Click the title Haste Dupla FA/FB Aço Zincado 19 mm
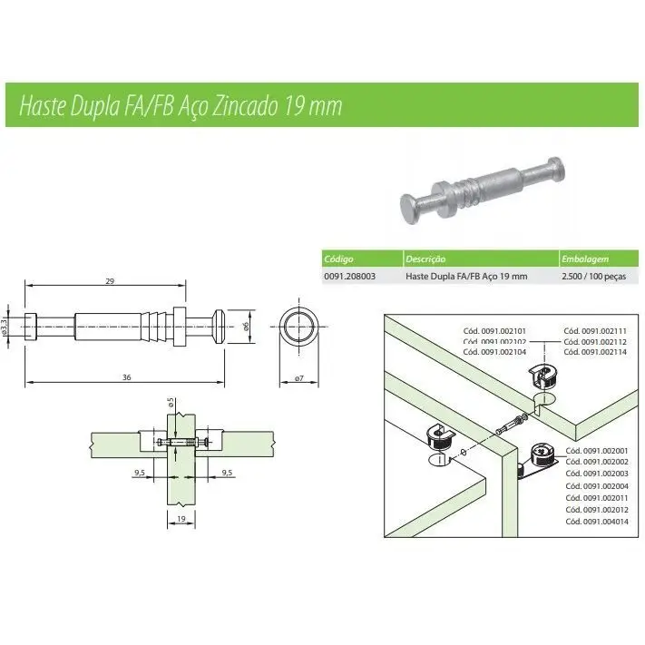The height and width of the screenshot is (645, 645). pyautogui.click(x=181, y=105)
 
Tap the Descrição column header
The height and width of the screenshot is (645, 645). pyautogui.click(x=425, y=259)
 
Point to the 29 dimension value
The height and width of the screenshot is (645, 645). pyautogui.click(x=110, y=283)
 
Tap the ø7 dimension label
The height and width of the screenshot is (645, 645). pyautogui.click(x=300, y=377)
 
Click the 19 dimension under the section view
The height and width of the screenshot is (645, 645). pyautogui.click(x=181, y=520)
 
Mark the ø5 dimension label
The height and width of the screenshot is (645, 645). pyautogui.click(x=171, y=402)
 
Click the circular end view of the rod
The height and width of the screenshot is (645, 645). pyautogui.click(x=299, y=325)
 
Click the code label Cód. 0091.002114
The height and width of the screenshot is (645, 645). pyautogui.click(x=595, y=352)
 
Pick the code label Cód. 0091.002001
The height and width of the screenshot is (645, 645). pyautogui.click(x=597, y=451)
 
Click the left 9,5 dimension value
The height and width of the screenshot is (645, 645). pyautogui.click(x=140, y=472)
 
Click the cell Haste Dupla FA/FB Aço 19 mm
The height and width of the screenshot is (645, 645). pyautogui.click(x=465, y=275)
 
